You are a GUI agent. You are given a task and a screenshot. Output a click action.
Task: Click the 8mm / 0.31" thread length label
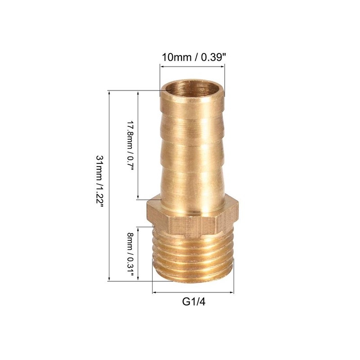(x=130, y=256)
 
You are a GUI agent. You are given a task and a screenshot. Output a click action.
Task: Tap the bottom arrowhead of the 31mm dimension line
(x=109, y=279)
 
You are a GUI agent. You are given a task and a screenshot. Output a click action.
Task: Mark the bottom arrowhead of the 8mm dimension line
(x=139, y=279)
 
